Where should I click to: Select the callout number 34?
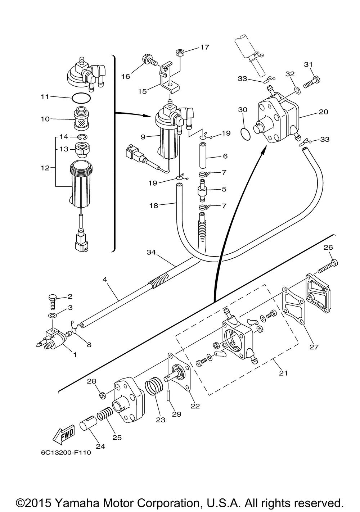click(x=151, y=252)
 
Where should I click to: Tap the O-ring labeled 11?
click(x=81, y=98)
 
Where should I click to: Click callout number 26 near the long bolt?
click(x=328, y=247)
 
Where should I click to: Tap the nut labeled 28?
click(x=103, y=395)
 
